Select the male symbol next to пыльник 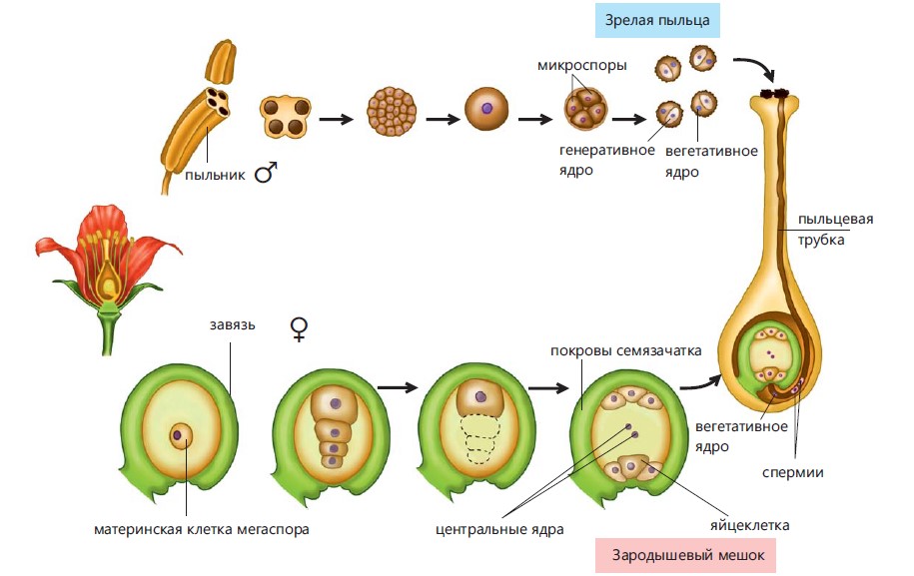click(265, 174)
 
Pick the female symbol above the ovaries click(298, 329)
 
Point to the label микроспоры click(581, 66)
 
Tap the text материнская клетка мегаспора click(201, 529)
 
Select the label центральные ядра click(499, 529)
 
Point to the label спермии click(791, 472)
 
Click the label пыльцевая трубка click(820, 230)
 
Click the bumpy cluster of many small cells click(394, 110)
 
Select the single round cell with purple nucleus click(486, 108)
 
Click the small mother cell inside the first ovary click(182, 435)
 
